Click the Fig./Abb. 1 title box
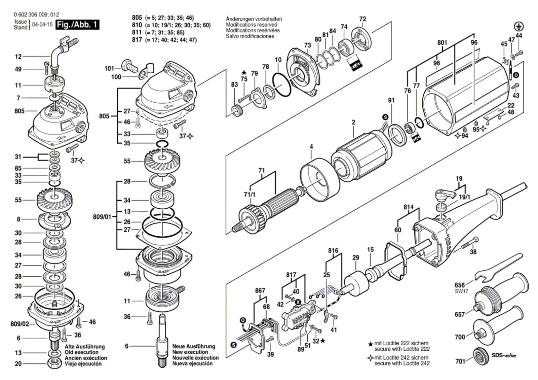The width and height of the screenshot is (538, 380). pos(78,25)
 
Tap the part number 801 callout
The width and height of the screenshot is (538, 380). pos(442,43)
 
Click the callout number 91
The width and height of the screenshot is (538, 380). pos(391,100)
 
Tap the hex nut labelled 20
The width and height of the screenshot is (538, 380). pos(54,364)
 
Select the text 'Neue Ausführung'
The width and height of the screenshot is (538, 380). pos(193,346)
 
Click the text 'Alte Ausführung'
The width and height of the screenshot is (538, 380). pos(84,346)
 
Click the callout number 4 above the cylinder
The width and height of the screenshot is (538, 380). pos(311,146)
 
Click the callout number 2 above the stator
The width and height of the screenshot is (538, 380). pos(353,123)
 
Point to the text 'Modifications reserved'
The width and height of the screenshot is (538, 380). pos(252,25)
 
